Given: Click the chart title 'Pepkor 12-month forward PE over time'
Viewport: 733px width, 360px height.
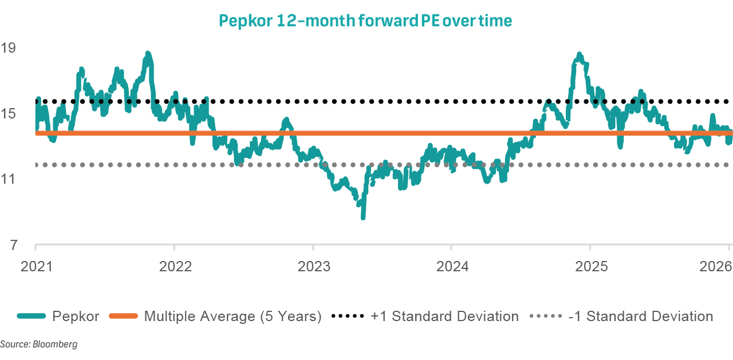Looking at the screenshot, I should tap(365, 21).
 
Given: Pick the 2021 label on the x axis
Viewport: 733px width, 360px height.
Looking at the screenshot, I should tap(35, 266).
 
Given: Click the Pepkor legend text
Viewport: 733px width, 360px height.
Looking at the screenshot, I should tap(76, 317).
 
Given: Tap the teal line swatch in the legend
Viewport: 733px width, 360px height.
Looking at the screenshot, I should tap(31, 317).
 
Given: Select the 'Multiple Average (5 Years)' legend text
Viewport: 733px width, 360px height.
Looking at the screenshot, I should tap(232, 317).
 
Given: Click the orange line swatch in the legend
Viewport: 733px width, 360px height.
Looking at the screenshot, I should tap(124, 317).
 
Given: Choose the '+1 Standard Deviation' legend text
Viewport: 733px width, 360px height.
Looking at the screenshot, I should tap(444, 317).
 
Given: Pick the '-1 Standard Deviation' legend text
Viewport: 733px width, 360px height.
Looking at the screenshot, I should tap(640, 317).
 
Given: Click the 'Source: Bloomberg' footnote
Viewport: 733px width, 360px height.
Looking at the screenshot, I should tap(38, 345).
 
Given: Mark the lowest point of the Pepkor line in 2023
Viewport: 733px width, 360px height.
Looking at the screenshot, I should tap(362, 217).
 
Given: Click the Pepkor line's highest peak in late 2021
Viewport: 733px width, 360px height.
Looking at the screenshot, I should tap(148, 54).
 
